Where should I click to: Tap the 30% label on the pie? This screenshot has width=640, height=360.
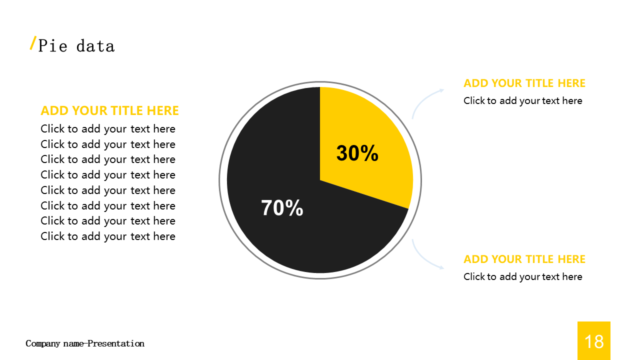[357, 153]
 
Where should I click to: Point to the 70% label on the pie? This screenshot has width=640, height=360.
[282, 207]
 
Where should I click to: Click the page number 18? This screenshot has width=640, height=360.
[594, 341]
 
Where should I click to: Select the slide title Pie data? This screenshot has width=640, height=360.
[76, 46]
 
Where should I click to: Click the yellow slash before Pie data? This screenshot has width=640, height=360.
[33, 43]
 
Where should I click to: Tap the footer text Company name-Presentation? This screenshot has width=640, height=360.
[85, 343]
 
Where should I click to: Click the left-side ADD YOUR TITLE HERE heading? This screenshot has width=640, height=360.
[109, 111]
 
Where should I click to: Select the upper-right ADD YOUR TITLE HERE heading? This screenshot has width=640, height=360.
[524, 83]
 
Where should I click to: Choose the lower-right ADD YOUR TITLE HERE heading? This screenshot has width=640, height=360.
[524, 259]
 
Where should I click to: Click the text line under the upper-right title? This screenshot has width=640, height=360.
[523, 101]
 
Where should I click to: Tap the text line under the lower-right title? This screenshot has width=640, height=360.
[523, 277]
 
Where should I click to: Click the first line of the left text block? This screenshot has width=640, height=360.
[108, 129]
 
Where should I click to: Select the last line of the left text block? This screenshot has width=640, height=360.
[108, 236]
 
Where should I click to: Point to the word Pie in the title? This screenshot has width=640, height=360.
[53, 46]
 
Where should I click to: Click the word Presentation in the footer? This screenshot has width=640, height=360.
[116, 343]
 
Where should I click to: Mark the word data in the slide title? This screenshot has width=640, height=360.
[95, 46]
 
